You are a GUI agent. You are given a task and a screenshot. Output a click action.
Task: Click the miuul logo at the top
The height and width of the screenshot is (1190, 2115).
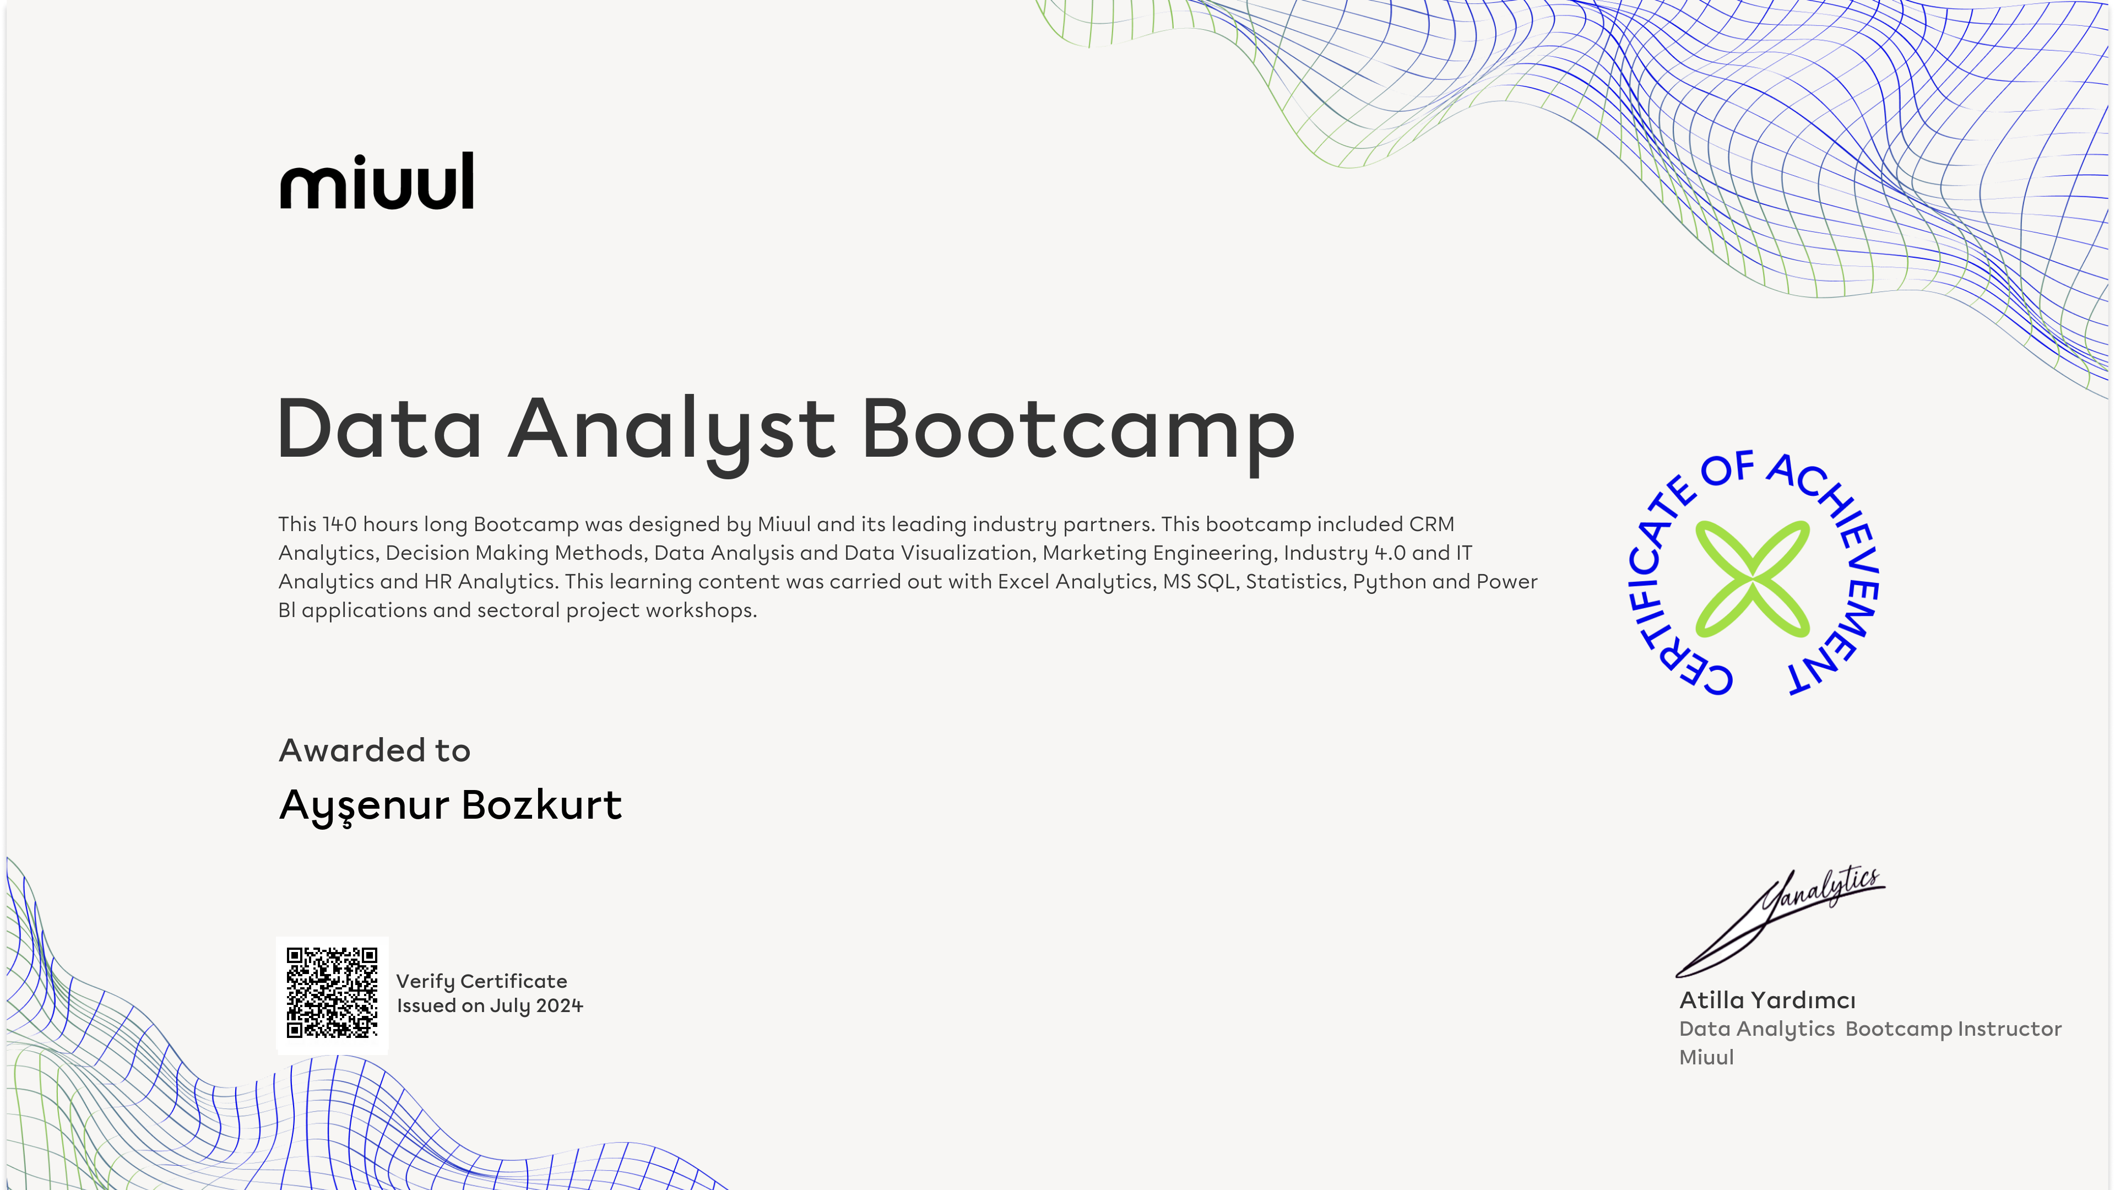point(377,181)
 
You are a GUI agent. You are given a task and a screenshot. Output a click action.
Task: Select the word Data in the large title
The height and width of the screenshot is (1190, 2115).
point(379,428)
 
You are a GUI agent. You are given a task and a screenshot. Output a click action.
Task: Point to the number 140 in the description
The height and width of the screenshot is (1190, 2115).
point(339,524)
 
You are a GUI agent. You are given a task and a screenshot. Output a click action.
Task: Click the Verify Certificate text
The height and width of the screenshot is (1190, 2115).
point(482,981)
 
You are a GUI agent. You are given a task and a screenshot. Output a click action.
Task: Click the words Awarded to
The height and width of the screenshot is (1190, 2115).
point(375,750)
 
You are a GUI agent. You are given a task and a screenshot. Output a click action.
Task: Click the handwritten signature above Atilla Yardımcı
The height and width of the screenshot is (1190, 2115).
point(1780,922)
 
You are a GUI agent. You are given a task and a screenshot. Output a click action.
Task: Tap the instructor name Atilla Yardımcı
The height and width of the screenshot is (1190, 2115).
point(1767,1000)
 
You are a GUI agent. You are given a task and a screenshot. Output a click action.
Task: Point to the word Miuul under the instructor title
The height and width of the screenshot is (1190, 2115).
point(1707,1057)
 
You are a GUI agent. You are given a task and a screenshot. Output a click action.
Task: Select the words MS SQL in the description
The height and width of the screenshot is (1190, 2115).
point(1200,581)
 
